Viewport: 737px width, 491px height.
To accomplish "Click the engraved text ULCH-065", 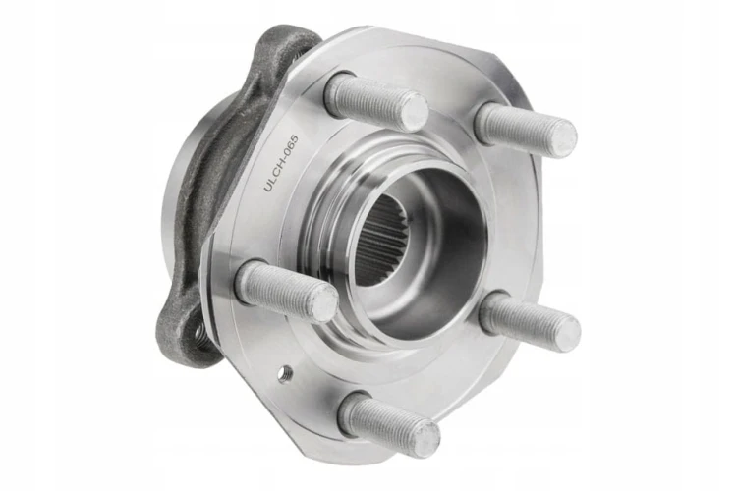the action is pos(281,163).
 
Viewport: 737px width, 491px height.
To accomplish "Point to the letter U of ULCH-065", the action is pos(267,187).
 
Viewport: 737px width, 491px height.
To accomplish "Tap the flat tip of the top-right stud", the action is pos(564,138).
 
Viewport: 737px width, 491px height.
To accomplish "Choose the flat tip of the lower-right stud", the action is pos(567,333).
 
